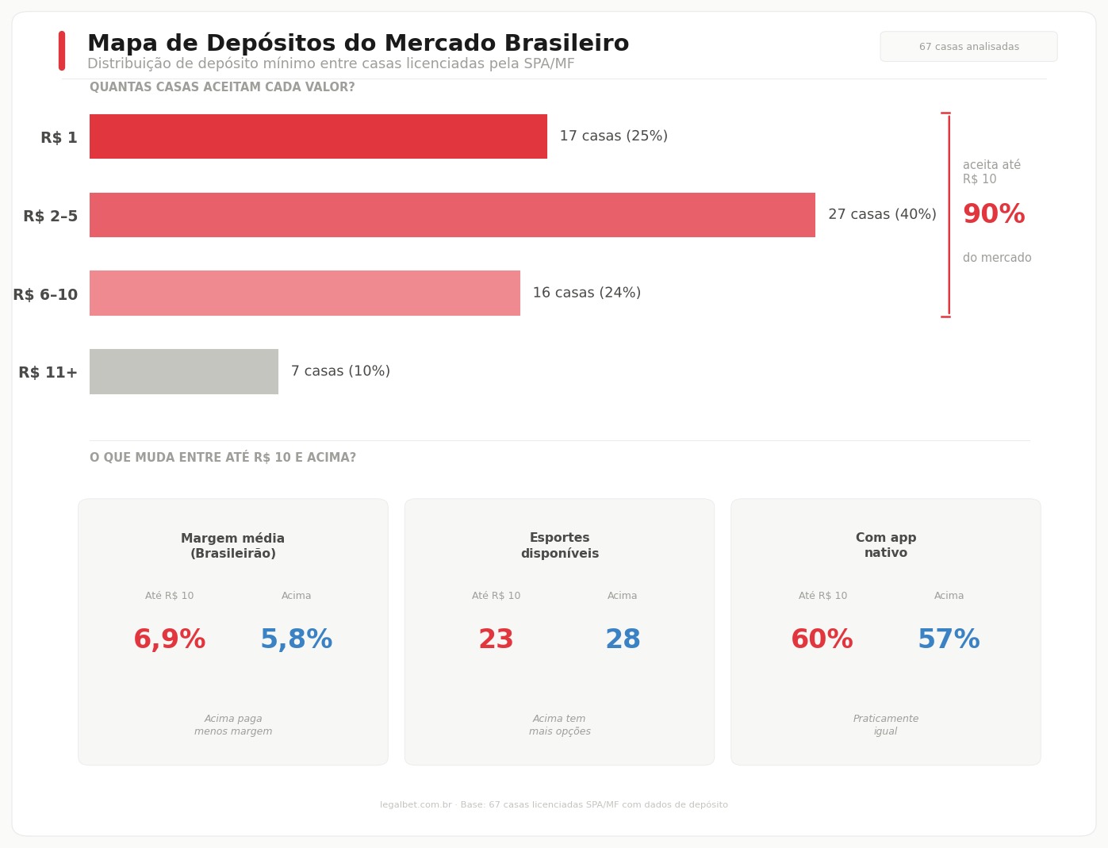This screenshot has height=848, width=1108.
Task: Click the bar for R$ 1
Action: pyautogui.click(x=318, y=136)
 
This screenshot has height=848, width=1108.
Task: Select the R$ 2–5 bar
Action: pyautogui.click(x=452, y=215)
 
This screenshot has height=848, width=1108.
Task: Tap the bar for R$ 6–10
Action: pyautogui.click(x=305, y=294)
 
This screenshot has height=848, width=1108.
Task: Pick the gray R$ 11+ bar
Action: pyautogui.click(x=184, y=371)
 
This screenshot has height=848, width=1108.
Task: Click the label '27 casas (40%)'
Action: pyautogui.click(x=882, y=215)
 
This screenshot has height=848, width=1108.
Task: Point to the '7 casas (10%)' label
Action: pyautogui.click(x=340, y=371)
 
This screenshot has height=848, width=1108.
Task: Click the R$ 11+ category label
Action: pyautogui.click(x=48, y=373)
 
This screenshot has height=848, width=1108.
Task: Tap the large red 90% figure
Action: pyautogui.click(x=993, y=215)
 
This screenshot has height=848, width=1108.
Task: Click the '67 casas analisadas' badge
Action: pyautogui.click(x=968, y=47)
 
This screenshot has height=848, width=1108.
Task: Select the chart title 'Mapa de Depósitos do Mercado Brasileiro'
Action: pyautogui.click(x=358, y=44)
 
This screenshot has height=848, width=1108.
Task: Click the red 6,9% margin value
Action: pyautogui.click(x=170, y=640)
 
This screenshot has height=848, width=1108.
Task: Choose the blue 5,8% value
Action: pyautogui.click(x=297, y=640)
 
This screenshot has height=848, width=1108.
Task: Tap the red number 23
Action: pyautogui.click(x=496, y=640)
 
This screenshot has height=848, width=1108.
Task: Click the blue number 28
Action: pyautogui.click(x=623, y=640)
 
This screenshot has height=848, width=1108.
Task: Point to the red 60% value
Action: pyautogui.click(x=822, y=640)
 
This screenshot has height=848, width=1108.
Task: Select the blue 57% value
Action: pyautogui.click(x=949, y=640)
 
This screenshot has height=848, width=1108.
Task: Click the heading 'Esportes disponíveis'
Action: pyautogui.click(x=559, y=546)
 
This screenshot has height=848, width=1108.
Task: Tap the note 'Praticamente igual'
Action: pyautogui.click(x=886, y=725)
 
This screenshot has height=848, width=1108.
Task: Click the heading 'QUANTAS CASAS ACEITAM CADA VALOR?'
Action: pyautogui.click(x=222, y=87)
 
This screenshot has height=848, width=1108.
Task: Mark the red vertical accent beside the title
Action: pyautogui.click(x=62, y=51)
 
